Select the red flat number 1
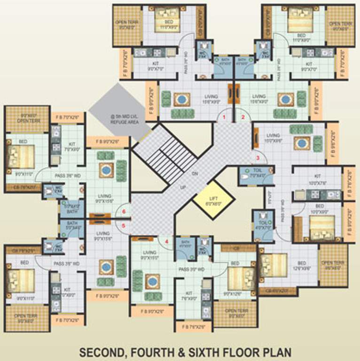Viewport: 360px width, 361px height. click(225, 117)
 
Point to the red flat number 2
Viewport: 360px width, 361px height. click(243, 117)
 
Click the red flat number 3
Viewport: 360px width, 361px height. click(258, 157)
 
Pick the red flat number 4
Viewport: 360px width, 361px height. click(166, 242)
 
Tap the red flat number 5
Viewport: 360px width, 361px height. click(124, 225)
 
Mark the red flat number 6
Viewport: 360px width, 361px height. click(124, 212)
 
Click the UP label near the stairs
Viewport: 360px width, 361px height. click(183, 187)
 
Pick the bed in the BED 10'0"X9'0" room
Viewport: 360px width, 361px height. click(323, 225)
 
